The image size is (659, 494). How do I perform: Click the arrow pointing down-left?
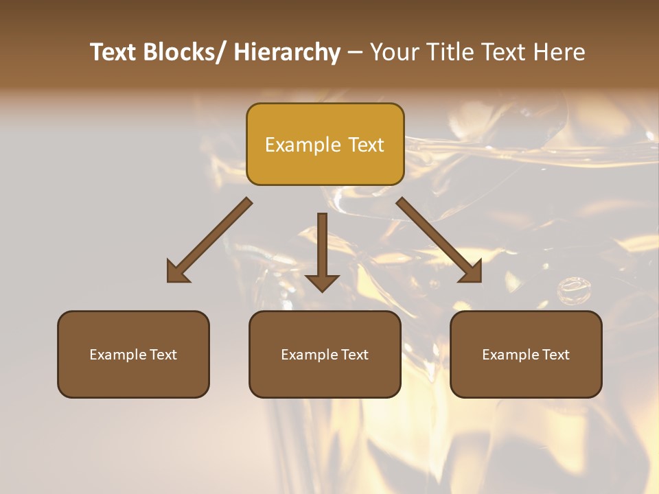pyautogui.click(x=209, y=240)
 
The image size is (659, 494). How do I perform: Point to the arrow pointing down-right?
pyautogui.click(x=439, y=240)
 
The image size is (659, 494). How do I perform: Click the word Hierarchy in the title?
pyautogui.click(x=287, y=52)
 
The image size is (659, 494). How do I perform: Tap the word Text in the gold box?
pyautogui.click(x=366, y=145)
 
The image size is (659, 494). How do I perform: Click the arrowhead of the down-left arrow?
pyautogui.click(x=177, y=272)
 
